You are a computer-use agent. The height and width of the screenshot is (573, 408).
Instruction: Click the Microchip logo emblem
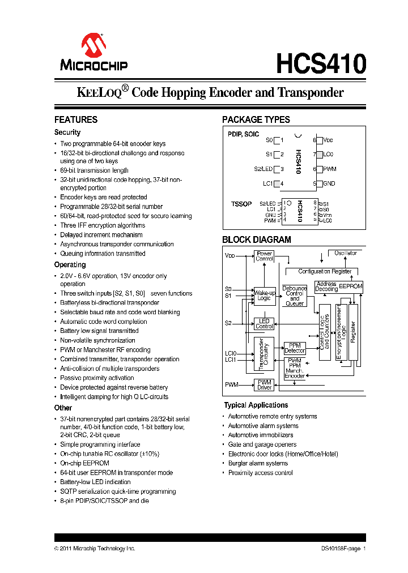coord(94,45)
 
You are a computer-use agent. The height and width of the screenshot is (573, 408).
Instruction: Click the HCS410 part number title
coord(321,63)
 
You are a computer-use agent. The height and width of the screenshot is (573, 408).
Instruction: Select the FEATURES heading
coord(76,119)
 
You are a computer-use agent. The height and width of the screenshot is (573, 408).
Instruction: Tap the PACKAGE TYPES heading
coord(256,119)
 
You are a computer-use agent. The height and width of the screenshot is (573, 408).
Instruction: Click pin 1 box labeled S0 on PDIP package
coord(278,140)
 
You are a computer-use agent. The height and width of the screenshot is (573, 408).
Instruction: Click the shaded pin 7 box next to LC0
coord(320,154)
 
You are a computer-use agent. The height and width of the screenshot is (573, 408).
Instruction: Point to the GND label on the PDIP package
coord(329,183)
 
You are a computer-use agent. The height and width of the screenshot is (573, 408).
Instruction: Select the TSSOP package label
coord(241,204)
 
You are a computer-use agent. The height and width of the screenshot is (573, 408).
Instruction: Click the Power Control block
coord(264,256)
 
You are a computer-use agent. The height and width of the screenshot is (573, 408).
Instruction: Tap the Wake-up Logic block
coord(264,296)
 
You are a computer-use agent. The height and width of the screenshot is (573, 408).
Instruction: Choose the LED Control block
coord(264,323)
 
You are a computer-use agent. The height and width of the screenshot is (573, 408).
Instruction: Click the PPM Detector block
coord(295,348)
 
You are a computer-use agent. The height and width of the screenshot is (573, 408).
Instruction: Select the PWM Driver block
coord(264,384)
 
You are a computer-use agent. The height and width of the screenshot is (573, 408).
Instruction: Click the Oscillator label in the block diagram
coord(346,253)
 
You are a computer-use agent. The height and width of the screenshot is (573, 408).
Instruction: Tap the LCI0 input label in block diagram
coord(230,353)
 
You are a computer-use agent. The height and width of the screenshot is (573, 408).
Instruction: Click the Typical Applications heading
coord(256,405)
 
